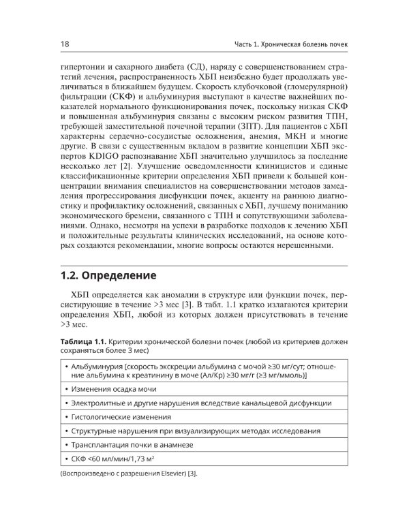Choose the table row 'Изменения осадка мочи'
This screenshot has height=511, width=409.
coord(119,388)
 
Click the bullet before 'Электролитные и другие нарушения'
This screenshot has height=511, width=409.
coord(65,403)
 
